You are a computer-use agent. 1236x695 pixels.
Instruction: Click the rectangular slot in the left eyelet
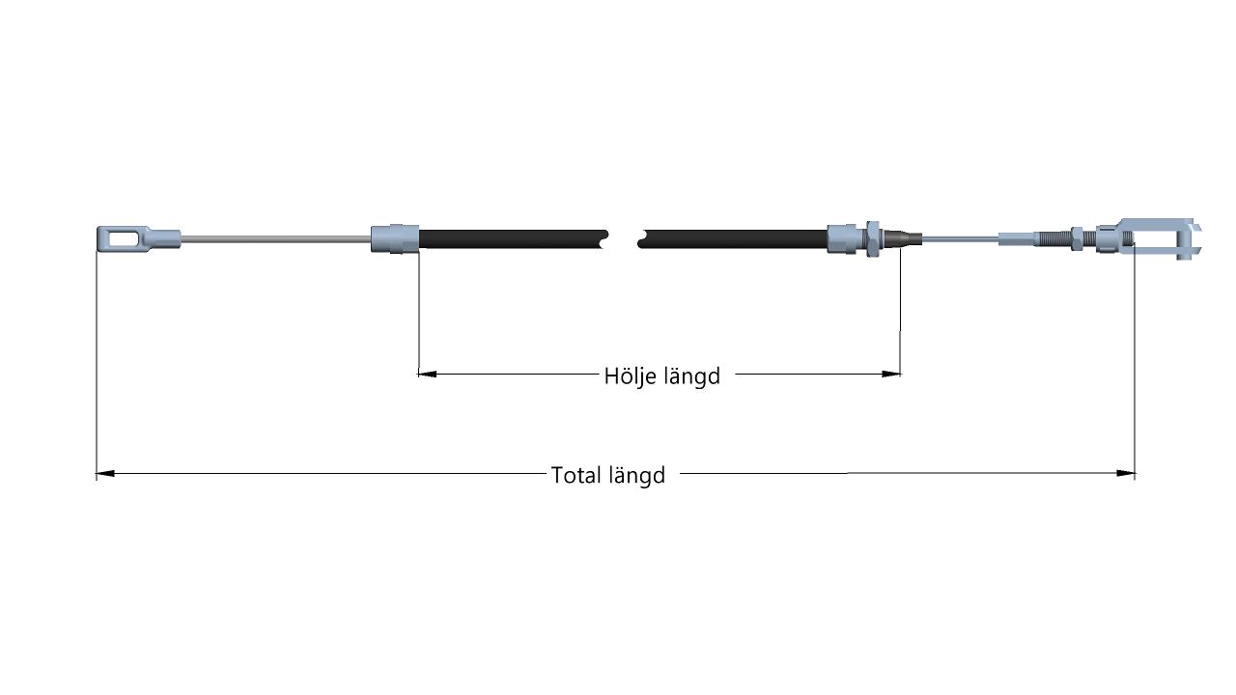point(125,238)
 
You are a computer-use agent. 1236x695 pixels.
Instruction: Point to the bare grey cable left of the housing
point(276,239)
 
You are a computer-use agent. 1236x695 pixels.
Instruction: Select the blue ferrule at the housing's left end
point(395,238)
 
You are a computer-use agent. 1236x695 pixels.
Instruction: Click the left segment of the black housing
point(513,238)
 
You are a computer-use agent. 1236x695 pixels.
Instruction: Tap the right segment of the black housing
point(732,238)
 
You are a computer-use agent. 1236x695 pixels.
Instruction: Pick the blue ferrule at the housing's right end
point(846,238)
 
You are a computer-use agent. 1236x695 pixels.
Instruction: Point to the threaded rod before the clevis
point(1053,238)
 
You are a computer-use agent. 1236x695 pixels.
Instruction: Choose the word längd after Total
point(637,476)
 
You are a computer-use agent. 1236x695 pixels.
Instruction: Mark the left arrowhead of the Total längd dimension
point(105,473)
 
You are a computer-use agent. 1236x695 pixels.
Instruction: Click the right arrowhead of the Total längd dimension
point(1126,473)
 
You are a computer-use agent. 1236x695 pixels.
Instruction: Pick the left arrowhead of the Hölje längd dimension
point(428,374)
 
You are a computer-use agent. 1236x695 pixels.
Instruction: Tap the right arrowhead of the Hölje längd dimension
point(891,374)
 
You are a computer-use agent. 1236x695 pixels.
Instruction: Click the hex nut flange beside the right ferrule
point(872,238)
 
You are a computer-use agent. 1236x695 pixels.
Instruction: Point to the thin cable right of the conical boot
point(960,239)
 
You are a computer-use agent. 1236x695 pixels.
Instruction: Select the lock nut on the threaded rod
point(1078,238)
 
